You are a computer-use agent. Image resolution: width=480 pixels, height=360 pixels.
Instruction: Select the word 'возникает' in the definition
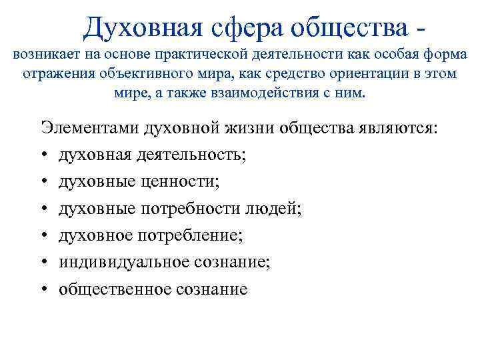tap(41, 54)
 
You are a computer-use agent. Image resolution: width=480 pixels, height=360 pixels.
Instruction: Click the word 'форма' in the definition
tap(444, 54)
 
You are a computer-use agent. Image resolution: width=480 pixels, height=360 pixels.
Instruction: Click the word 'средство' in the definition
tap(277, 73)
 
